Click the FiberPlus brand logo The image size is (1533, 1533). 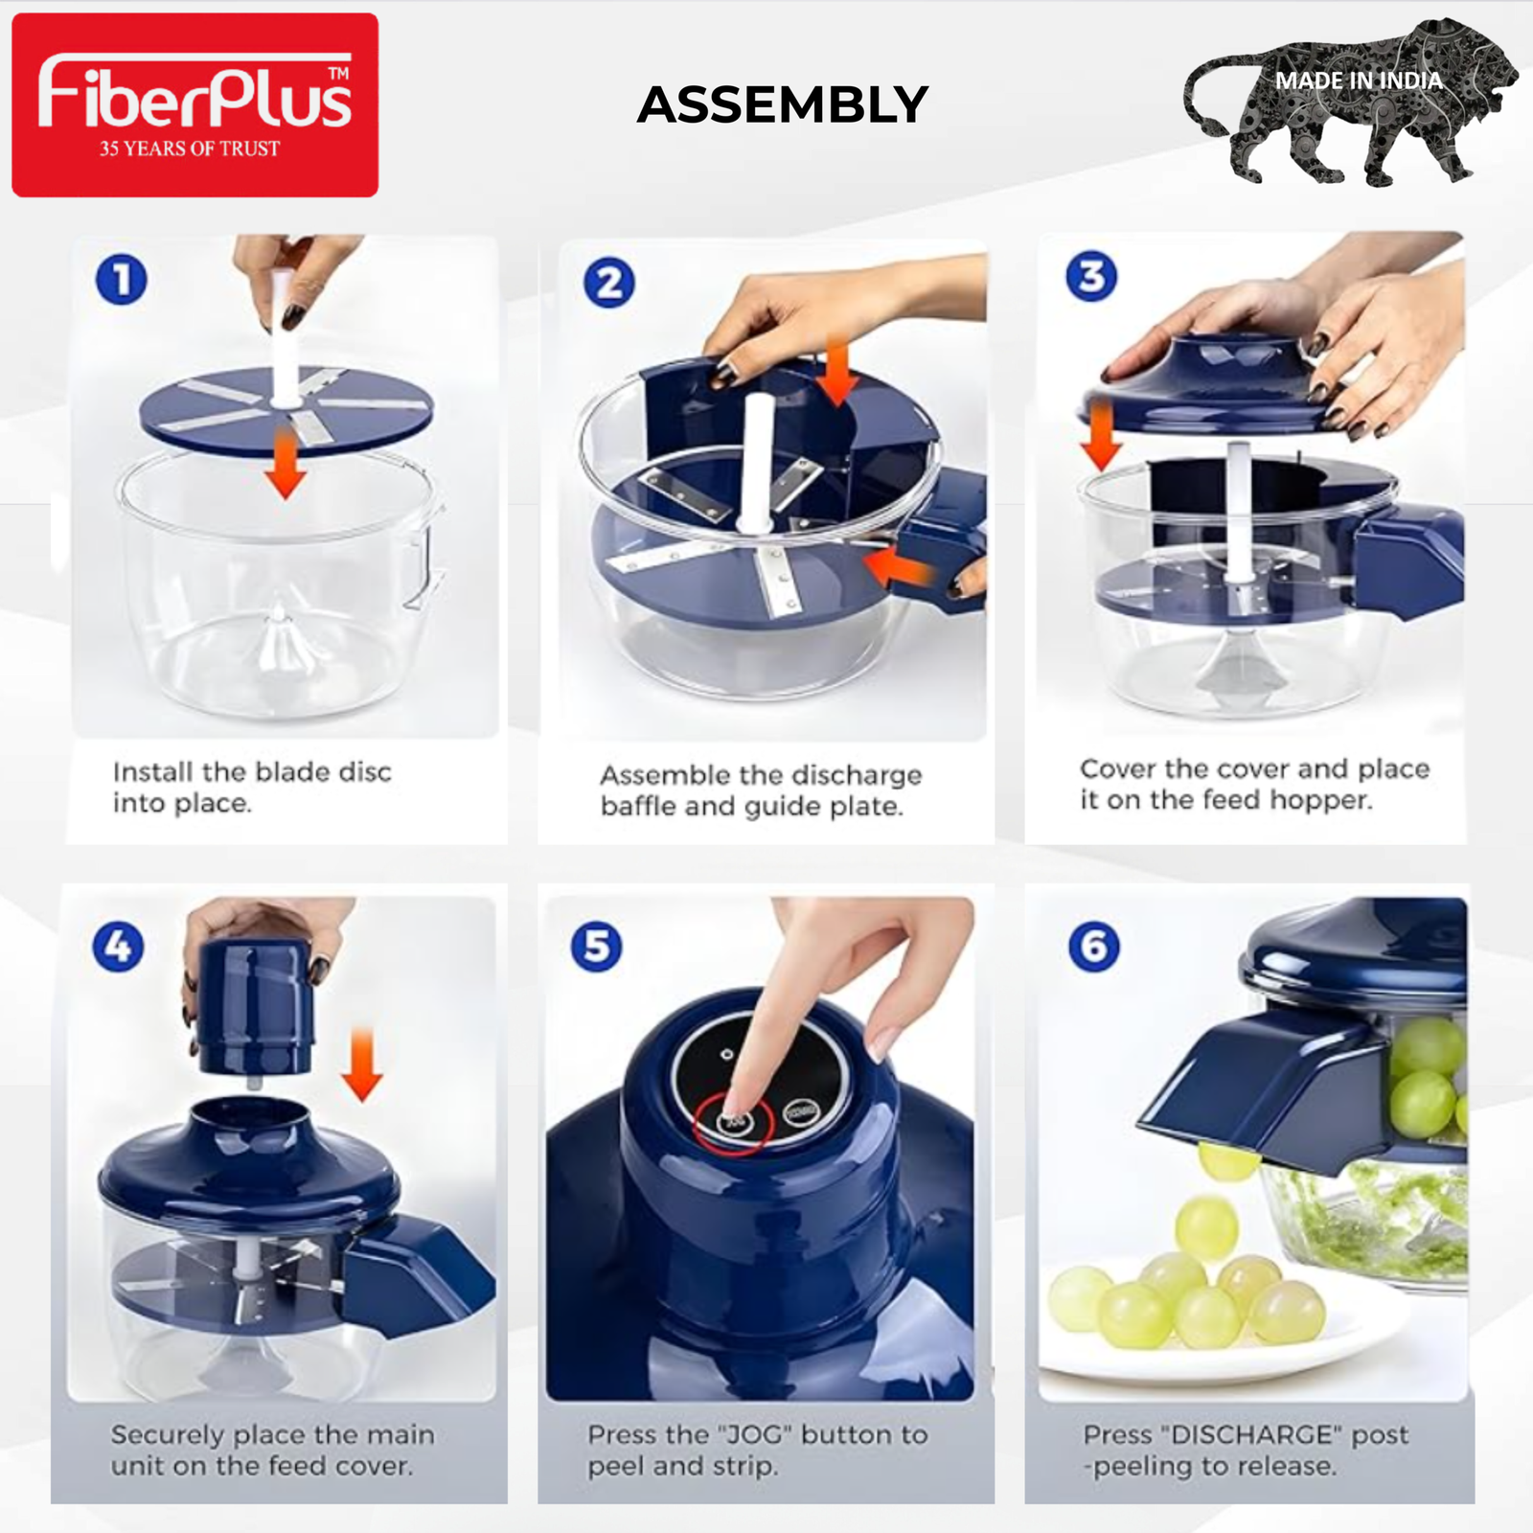[x=194, y=104]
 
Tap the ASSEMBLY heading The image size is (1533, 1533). [x=783, y=104]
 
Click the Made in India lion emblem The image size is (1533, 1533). [x=1351, y=102]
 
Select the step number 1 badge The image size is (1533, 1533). [x=122, y=280]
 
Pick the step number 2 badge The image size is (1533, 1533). [x=609, y=283]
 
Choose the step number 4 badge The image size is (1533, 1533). [x=118, y=947]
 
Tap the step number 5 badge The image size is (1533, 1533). [x=596, y=946]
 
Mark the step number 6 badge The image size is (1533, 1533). [x=1093, y=947]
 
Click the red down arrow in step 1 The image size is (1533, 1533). [x=285, y=464]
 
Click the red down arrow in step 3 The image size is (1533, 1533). [x=1102, y=436]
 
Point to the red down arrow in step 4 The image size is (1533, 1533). [x=362, y=1064]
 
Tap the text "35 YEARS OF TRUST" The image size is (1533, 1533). [x=190, y=149]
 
